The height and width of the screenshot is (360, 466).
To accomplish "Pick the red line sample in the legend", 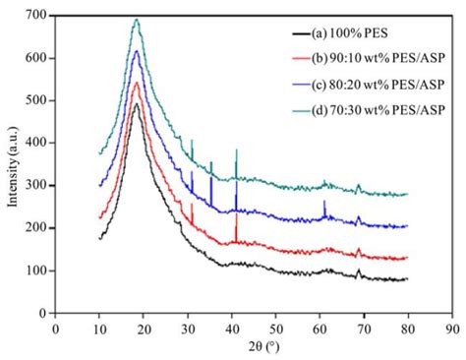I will click(x=316, y=59).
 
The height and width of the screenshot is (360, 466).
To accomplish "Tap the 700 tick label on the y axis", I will click(x=36, y=17).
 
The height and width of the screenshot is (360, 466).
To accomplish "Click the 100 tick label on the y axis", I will click(x=36, y=270).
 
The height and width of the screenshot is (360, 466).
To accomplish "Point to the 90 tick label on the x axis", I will click(x=452, y=327).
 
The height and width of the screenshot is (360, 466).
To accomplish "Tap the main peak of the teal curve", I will click(x=137, y=20).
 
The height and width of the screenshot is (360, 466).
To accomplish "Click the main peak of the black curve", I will click(x=136, y=103).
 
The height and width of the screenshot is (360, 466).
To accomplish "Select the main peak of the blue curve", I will click(x=137, y=51).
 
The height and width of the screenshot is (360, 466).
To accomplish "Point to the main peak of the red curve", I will click(x=137, y=83).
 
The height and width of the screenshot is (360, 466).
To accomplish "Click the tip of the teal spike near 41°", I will click(x=236, y=150).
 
